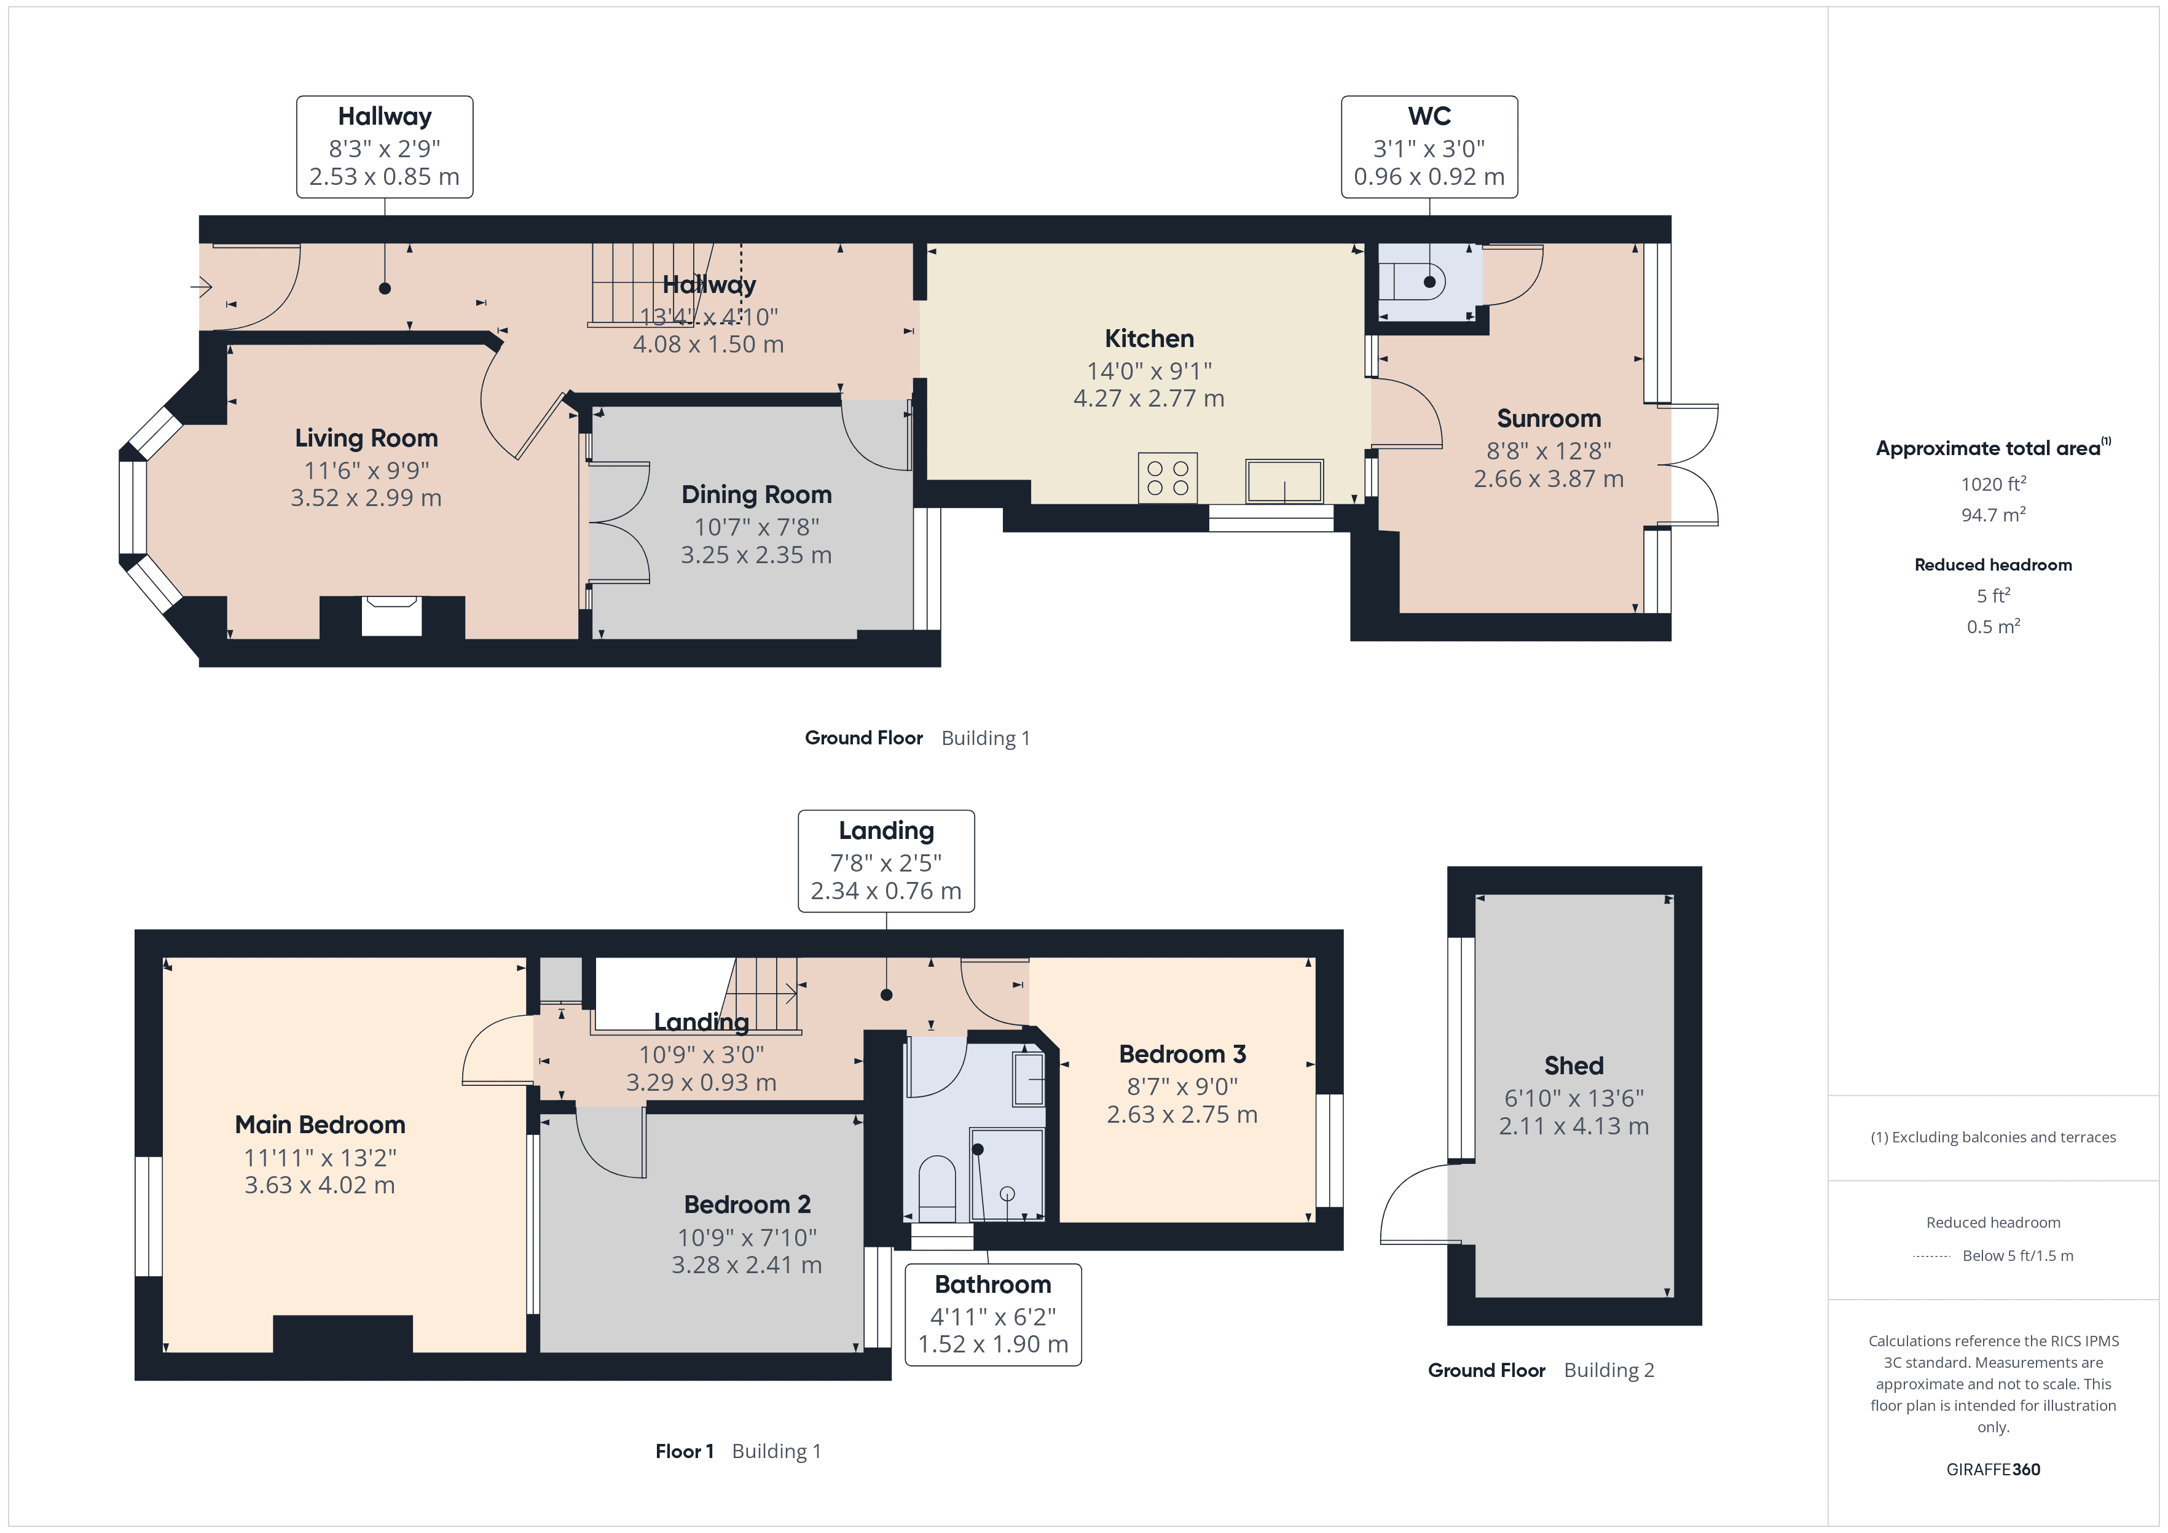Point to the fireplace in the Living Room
point(391,615)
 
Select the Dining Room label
point(756,494)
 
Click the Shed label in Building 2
point(1573,1066)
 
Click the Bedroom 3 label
point(1182,1055)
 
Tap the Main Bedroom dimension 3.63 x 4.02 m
point(319,1185)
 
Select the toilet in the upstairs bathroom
point(936,1187)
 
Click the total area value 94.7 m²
point(1992,515)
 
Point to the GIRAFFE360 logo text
point(1992,1470)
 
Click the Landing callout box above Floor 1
point(886,861)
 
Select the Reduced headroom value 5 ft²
point(1992,596)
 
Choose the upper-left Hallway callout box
point(384,147)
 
